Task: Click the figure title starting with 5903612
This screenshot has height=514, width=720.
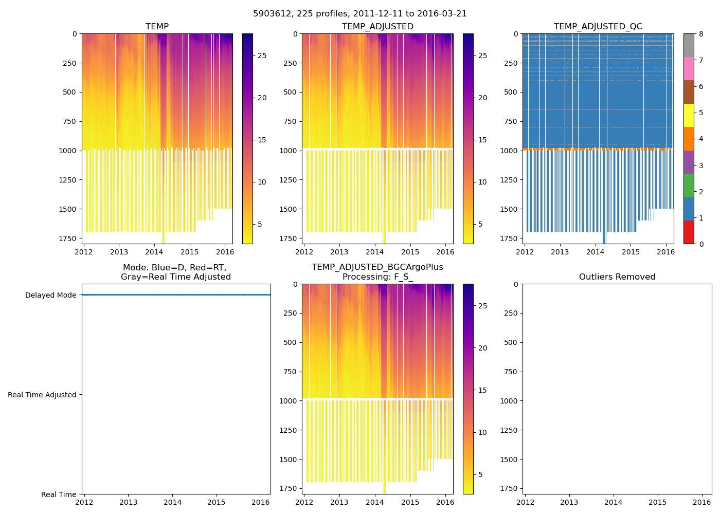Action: coord(360,14)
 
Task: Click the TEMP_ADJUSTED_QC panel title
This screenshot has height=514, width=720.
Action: coord(598,27)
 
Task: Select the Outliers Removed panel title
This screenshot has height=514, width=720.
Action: coord(617,277)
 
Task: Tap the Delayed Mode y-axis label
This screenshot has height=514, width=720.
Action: coord(50,295)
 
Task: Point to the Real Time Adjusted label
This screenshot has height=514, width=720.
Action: coord(42,395)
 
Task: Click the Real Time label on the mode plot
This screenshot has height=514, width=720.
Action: coord(59,494)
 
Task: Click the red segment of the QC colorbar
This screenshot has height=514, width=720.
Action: coord(689,232)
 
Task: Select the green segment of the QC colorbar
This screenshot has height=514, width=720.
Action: coord(689,186)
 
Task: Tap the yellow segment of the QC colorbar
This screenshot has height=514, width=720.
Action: coord(689,115)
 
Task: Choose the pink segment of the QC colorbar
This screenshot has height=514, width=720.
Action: coord(689,68)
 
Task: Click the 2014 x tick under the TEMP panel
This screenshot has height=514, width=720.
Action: coord(154,252)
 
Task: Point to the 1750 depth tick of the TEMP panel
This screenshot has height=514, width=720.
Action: coord(67,238)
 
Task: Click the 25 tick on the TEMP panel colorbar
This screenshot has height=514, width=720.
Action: coord(262,56)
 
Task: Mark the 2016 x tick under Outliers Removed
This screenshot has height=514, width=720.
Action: coord(702,502)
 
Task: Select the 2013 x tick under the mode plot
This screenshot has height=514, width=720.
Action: coord(129,502)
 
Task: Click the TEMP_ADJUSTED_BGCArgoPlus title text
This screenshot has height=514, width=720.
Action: coord(377,267)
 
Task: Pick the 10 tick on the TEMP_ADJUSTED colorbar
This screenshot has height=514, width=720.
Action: coord(482,182)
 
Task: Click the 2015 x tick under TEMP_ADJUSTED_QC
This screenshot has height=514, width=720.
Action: coord(631,252)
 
